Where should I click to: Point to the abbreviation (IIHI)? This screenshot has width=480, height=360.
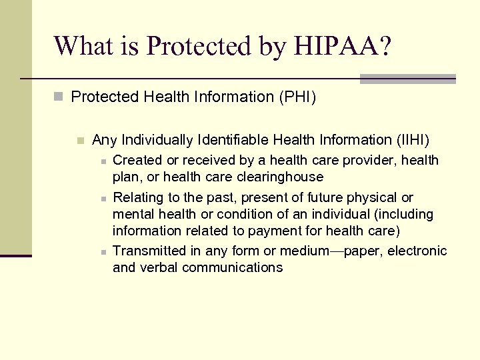tap(412, 140)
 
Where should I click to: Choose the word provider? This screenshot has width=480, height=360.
tap(367, 161)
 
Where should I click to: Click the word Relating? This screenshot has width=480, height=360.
tap(137, 198)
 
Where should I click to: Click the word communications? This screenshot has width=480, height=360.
tap(232, 268)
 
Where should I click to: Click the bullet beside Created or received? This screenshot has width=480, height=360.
tap(102, 161)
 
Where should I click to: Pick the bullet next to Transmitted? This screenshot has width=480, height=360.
tap(102, 252)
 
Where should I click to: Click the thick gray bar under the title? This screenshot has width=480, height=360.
tap(407, 79)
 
